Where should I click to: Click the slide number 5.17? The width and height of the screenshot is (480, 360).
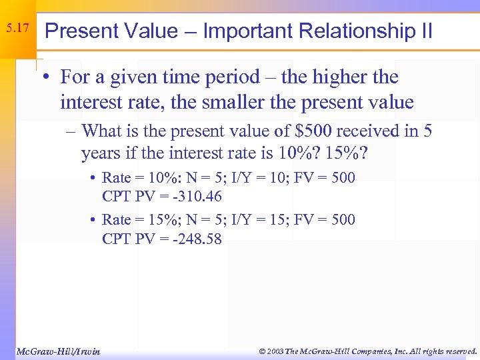coord(17,28)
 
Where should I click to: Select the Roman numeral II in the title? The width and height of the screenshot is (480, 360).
coord(424,31)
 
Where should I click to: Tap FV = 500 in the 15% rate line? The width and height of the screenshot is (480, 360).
coord(327,219)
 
